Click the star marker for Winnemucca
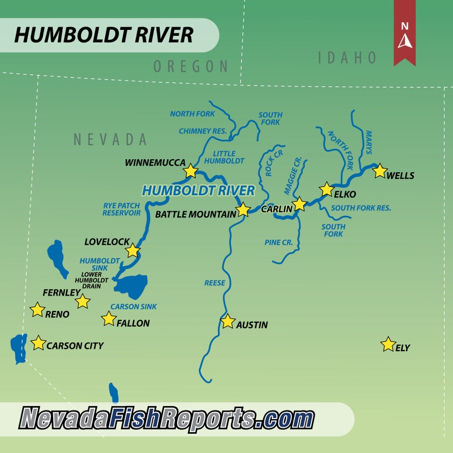pyautogui.click(x=191, y=171)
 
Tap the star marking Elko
pyautogui.click(x=327, y=189)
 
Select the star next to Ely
pyautogui.click(x=388, y=344)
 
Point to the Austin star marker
pyautogui.click(x=228, y=322)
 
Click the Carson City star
pyautogui.click(x=38, y=343)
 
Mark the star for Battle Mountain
pyautogui.click(x=243, y=210)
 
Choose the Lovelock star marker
pyautogui.click(x=133, y=250)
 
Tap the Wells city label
pyautogui.click(x=400, y=176)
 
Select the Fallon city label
pyautogui.click(x=133, y=323)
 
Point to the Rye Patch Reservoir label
pyautogui.click(x=121, y=209)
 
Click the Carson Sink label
pyautogui.click(x=133, y=306)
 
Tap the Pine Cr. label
pyautogui.click(x=279, y=242)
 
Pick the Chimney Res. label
pyautogui.click(x=203, y=131)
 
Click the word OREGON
pyautogui.click(x=191, y=66)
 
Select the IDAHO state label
pyautogui.click(x=347, y=57)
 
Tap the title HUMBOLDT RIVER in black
pyautogui.click(x=104, y=35)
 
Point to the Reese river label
pyautogui.click(x=215, y=283)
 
